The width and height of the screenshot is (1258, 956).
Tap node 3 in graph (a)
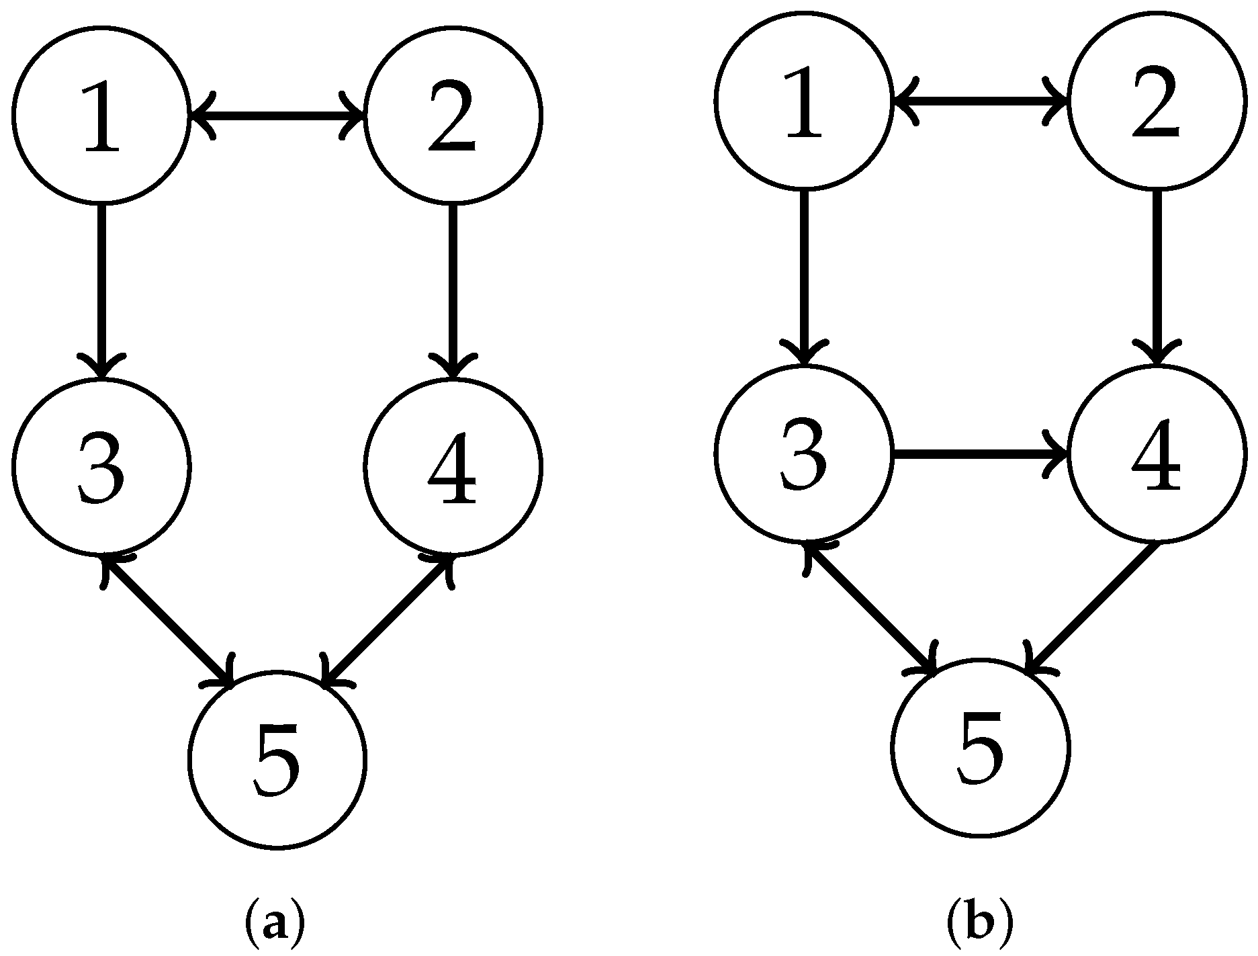click(x=101, y=466)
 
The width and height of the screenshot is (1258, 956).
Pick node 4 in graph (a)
click(x=453, y=466)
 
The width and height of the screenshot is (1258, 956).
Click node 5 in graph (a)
click(x=277, y=758)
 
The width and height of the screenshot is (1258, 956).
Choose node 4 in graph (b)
click(x=1156, y=454)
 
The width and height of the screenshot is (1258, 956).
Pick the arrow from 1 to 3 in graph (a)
click(x=101, y=289)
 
